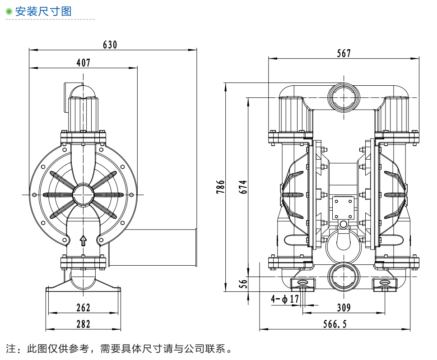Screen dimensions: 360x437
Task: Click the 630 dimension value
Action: click(110, 45)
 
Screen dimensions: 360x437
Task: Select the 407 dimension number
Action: click(83, 63)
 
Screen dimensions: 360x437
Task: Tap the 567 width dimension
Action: click(344, 54)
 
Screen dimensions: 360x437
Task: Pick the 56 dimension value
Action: click(243, 284)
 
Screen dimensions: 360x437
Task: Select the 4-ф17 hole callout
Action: click(285, 299)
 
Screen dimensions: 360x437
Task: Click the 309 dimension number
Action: click(344, 308)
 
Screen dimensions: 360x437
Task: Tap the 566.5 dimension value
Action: click(335, 324)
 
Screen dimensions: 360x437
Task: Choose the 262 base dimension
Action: click(84, 308)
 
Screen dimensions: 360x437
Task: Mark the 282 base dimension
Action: click(84, 324)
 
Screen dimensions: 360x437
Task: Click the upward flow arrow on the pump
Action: click(83, 240)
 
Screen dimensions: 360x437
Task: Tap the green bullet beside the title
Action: click(9, 12)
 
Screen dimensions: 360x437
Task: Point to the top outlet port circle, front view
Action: click(343, 96)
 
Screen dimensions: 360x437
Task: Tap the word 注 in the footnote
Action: click(10, 349)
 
